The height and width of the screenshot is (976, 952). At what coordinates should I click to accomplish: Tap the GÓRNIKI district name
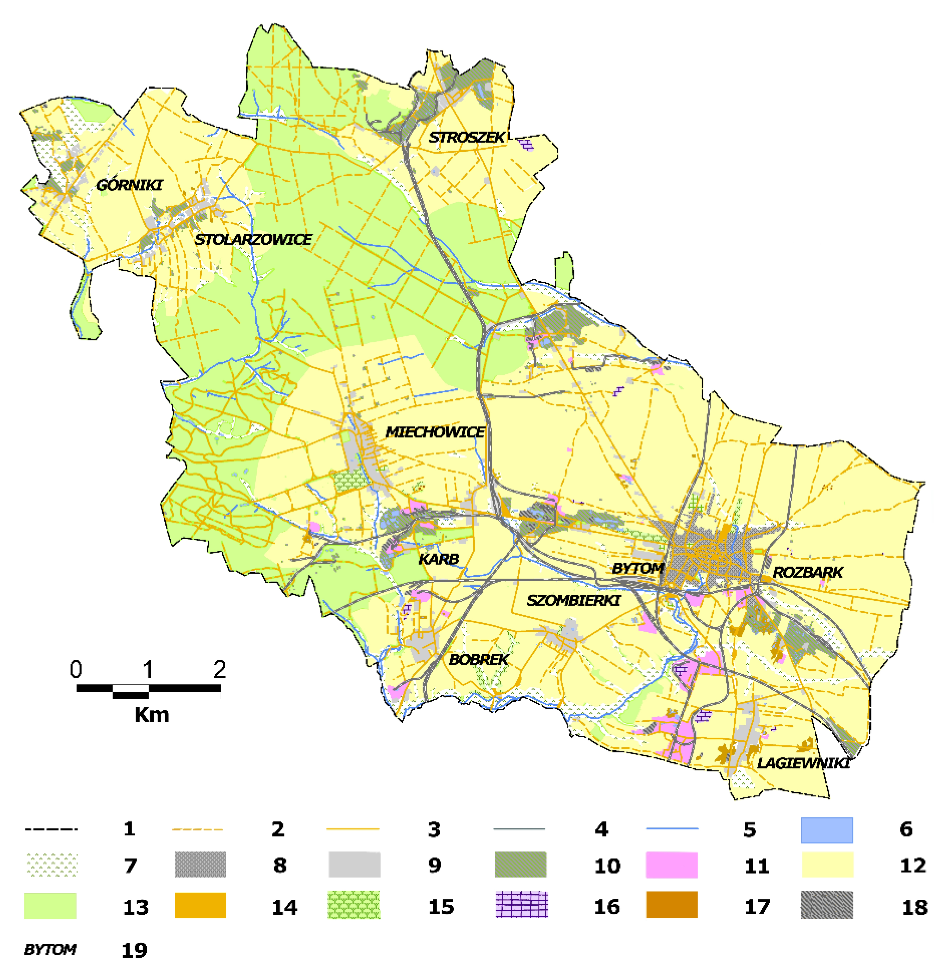point(129,185)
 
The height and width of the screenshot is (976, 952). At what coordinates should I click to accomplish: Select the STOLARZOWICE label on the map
point(253,239)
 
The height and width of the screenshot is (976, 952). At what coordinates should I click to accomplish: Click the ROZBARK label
point(808,572)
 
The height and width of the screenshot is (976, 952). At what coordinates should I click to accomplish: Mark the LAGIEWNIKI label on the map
point(803,764)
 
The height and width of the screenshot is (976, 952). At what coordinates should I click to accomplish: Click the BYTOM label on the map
point(637,568)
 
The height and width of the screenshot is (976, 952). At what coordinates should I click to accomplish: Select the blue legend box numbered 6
point(827,830)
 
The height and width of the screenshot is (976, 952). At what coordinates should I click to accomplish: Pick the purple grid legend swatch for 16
point(521,904)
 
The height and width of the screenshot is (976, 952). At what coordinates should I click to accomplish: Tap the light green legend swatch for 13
point(50,905)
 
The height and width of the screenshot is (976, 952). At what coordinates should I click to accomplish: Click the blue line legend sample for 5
point(672,828)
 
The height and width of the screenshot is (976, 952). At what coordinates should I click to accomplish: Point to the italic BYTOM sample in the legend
point(50,949)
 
